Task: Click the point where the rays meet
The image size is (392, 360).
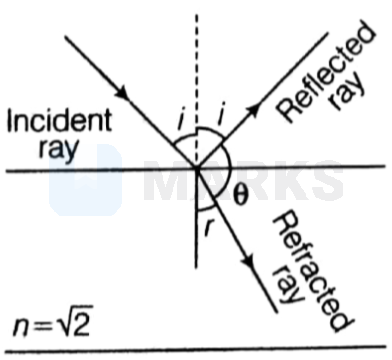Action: [x=196, y=167]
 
